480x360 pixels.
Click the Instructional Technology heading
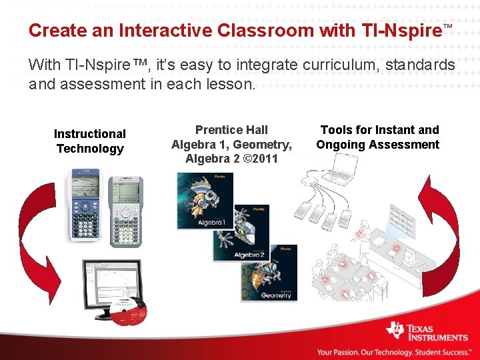(x=90, y=141)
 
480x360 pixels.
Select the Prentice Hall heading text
(x=231, y=130)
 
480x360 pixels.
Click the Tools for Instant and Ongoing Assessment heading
(x=378, y=137)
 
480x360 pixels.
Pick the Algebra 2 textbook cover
(x=241, y=233)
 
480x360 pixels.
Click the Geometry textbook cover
(x=269, y=273)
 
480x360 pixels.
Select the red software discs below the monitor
(x=129, y=312)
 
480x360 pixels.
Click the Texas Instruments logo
(x=427, y=331)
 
